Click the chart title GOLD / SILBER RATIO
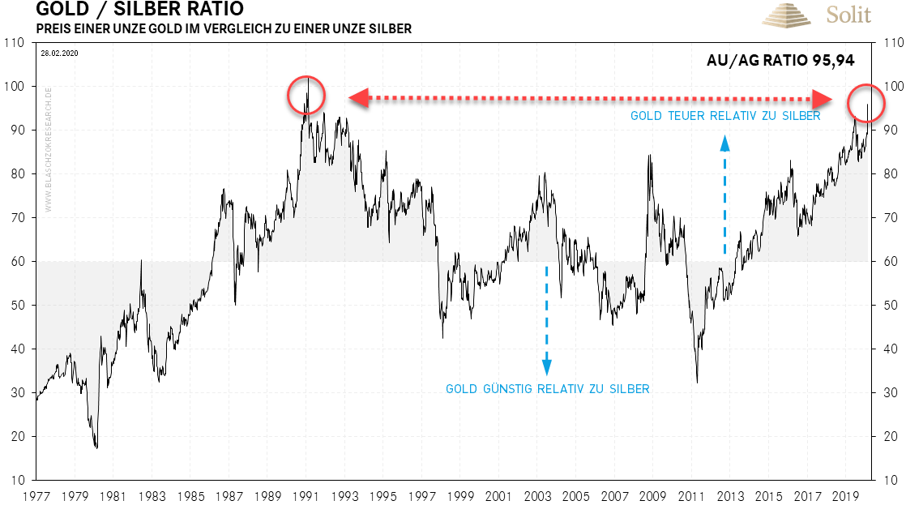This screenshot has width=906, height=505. pos(139,11)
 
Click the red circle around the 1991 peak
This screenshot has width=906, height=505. pos(306,96)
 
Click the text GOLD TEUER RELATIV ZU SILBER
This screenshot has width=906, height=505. pos(725,116)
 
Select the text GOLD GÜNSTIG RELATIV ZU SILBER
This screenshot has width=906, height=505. pos(547,389)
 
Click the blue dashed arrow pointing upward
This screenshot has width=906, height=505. pos(724,195)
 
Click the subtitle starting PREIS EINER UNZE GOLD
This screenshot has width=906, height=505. pos(224,29)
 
